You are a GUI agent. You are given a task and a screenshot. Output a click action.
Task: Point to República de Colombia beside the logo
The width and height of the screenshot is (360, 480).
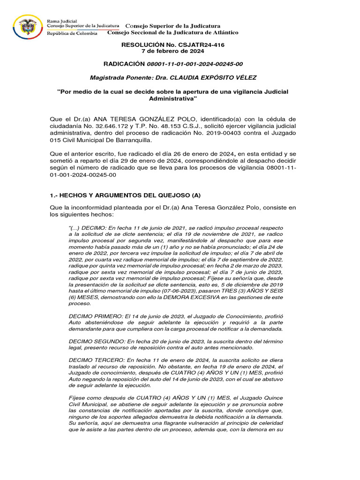coord(72,33)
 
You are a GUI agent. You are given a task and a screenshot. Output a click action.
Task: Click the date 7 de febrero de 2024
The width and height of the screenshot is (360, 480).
coord(180,51)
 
